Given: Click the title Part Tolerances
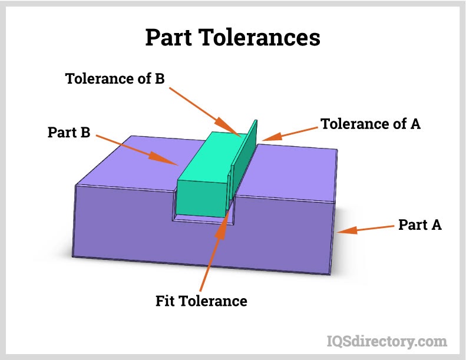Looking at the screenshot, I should click(x=233, y=38).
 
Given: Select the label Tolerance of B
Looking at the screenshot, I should click(x=115, y=78).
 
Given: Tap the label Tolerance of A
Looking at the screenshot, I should click(x=371, y=124).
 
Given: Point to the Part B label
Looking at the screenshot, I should click(x=69, y=133).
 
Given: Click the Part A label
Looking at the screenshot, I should click(x=420, y=224).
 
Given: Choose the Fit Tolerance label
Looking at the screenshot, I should click(x=201, y=301).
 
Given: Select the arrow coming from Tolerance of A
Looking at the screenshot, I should click(x=289, y=133).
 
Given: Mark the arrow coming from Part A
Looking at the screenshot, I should click(x=365, y=229).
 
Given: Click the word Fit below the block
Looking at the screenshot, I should click(x=166, y=301).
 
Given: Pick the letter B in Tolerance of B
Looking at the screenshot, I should click(x=159, y=78).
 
